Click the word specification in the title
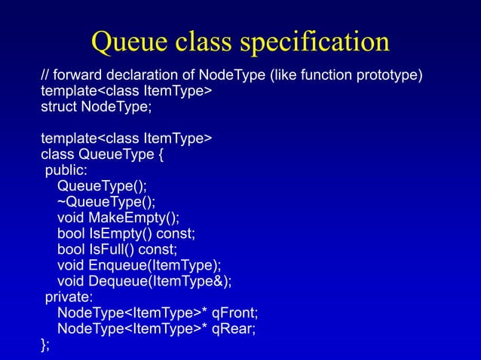click(317, 44)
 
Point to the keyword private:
click(69, 297)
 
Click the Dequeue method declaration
click(144, 281)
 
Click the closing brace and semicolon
click(45, 344)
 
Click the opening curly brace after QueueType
click(158, 154)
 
